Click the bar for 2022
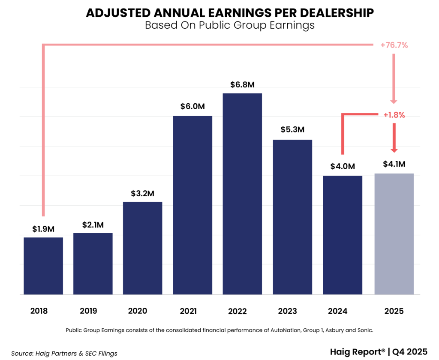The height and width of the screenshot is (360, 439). (x=242, y=194)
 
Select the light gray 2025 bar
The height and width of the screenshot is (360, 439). (x=394, y=234)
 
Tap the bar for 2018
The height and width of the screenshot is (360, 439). (x=43, y=266)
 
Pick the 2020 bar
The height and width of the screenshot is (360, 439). (x=142, y=248)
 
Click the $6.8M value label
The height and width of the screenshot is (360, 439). (x=242, y=84)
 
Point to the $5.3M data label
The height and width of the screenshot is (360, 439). (x=292, y=129)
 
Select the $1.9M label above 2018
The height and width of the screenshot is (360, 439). (x=43, y=229)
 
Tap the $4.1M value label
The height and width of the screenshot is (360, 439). (x=394, y=164)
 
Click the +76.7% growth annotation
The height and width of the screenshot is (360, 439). (x=394, y=45)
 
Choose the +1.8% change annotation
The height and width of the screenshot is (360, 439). (x=394, y=115)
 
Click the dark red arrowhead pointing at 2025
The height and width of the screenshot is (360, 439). (x=394, y=150)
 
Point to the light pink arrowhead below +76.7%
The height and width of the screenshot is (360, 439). (x=394, y=101)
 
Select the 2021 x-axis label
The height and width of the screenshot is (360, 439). (x=188, y=311)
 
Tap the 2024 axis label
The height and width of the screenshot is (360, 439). (x=338, y=311)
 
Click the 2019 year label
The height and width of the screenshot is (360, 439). (x=88, y=311)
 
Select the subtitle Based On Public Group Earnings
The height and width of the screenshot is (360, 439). (x=230, y=25)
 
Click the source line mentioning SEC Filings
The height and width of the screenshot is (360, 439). (x=64, y=354)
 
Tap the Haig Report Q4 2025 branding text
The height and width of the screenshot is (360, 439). (x=379, y=352)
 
